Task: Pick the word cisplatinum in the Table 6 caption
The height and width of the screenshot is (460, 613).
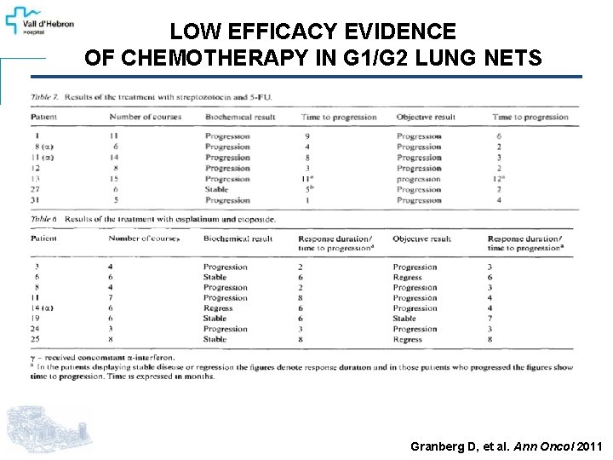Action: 172,219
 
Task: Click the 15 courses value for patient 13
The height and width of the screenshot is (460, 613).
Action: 115,179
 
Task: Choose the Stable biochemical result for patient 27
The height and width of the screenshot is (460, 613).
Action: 216,190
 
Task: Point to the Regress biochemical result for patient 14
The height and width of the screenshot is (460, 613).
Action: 218,308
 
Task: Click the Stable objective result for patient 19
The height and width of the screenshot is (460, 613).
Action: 404,319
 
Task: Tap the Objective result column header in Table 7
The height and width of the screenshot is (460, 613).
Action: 426,117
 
